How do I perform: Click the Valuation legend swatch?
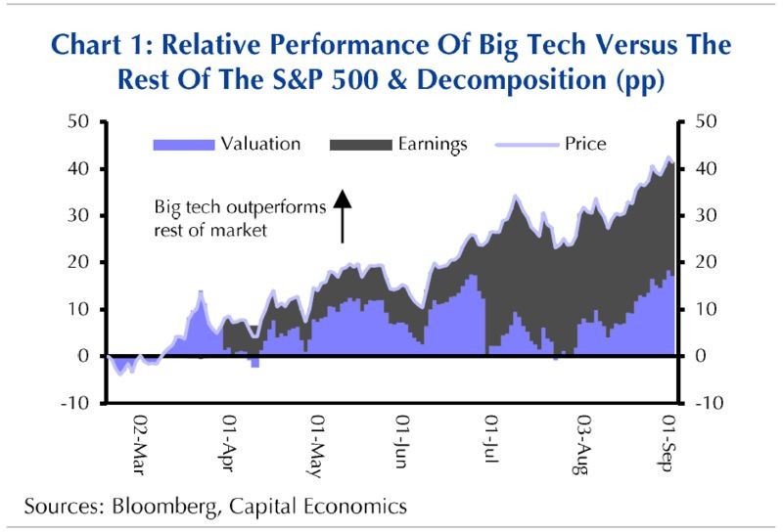click(x=183, y=145)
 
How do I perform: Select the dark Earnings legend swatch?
click(x=361, y=145)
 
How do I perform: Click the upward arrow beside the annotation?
click(x=342, y=215)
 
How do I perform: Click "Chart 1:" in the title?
click(x=101, y=47)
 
